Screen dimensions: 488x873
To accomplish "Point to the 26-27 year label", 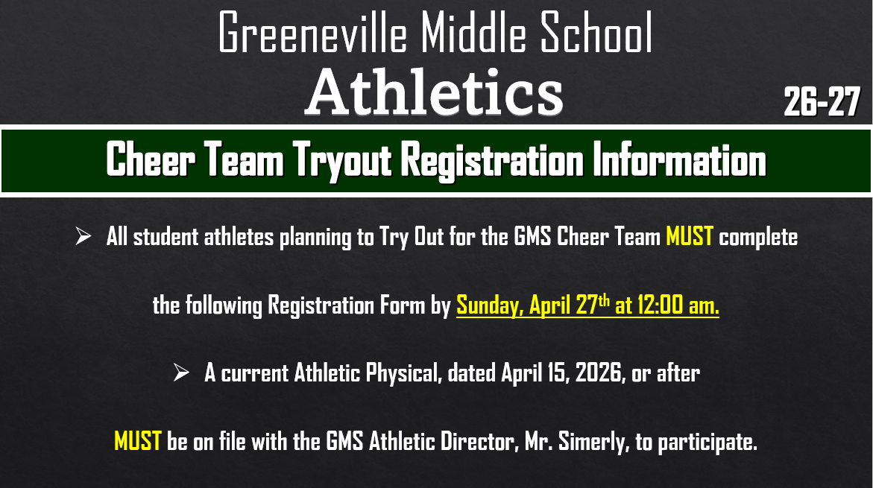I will click(x=822, y=101).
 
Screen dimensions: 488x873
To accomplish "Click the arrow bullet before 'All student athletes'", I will click(x=83, y=238).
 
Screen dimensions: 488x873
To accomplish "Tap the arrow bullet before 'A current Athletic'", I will click(x=181, y=373).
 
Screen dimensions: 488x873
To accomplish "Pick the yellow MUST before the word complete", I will click(x=690, y=238).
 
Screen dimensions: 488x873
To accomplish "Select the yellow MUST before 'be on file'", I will click(x=138, y=442).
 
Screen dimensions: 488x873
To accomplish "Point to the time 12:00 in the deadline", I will click(x=658, y=305).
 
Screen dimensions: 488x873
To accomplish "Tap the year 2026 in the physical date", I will click(x=598, y=373).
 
